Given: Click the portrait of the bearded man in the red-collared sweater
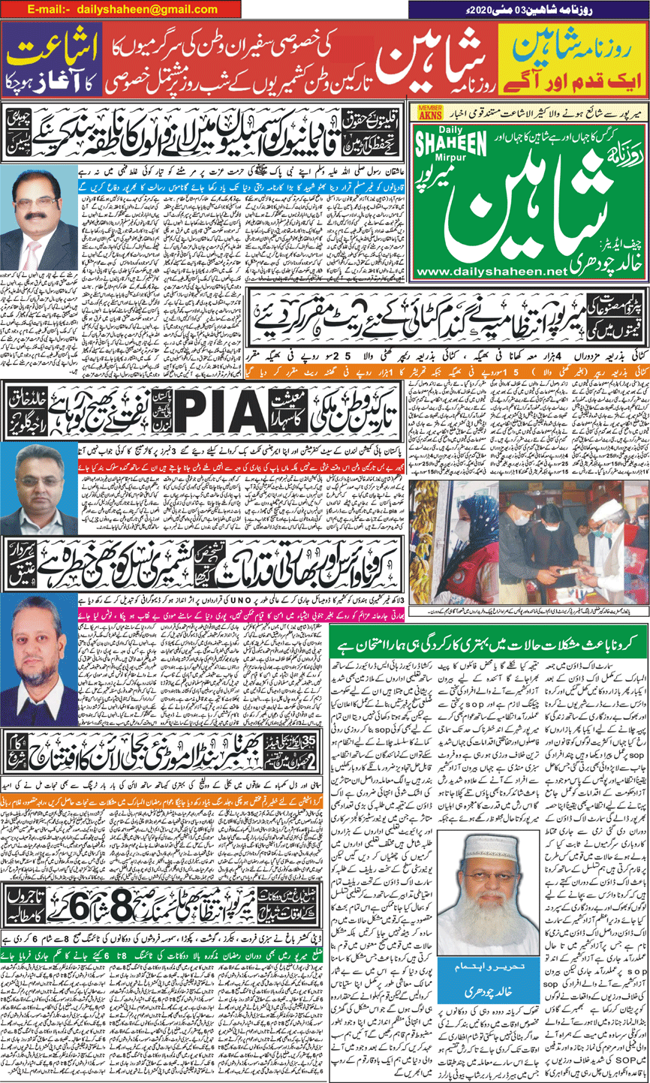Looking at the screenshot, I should (x=38, y=651).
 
